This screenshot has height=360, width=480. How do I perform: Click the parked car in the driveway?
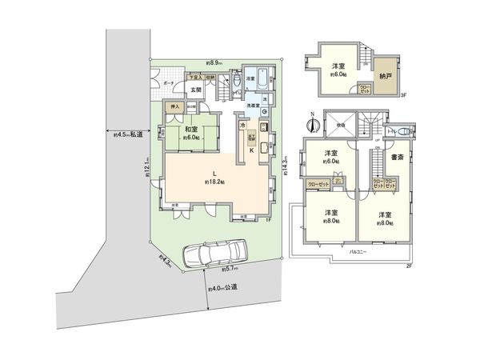[210, 255]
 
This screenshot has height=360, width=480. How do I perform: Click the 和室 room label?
[191, 130]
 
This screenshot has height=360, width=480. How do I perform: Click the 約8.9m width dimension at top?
[214, 62]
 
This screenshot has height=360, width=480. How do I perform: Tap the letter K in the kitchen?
[252, 150]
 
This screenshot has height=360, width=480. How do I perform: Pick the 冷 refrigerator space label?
[241, 125]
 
